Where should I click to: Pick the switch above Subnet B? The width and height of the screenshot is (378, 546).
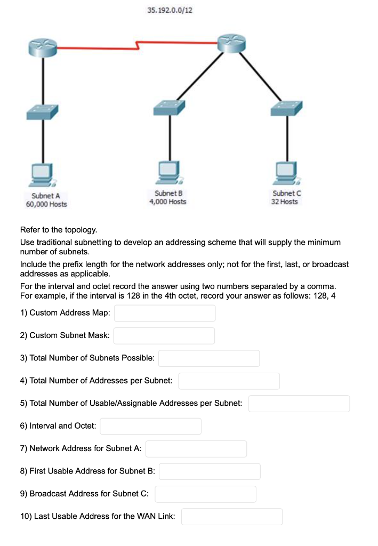pyautogui.click(x=170, y=107)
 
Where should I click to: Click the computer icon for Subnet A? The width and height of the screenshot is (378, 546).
pyautogui.click(x=42, y=172)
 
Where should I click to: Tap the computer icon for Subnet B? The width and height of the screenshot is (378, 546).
pyautogui.click(x=170, y=170)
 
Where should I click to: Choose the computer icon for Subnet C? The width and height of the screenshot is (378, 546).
pyautogui.click(x=287, y=170)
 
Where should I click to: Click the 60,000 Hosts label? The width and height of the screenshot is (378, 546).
pyautogui.click(x=46, y=204)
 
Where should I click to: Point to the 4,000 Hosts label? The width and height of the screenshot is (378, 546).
pyautogui.click(x=168, y=202)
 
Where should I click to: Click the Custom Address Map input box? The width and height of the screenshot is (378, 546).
pyautogui.click(x=165, y=313)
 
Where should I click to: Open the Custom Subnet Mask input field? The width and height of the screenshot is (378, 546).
pyautogui.click(x=164, y=335)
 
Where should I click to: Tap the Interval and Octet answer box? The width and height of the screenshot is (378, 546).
pyautogui.click(x=150, y=426)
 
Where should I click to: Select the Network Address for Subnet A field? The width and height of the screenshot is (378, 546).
pyautogui.click(x=196, y=448)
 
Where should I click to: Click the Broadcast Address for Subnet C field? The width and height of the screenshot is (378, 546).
pyautogui.click(x=206, y=494)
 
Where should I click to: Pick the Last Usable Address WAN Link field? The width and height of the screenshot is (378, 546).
pyautogui.click(x=232, y=516)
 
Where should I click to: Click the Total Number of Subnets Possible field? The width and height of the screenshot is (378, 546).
pyautogui.click(x=209, y=358)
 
